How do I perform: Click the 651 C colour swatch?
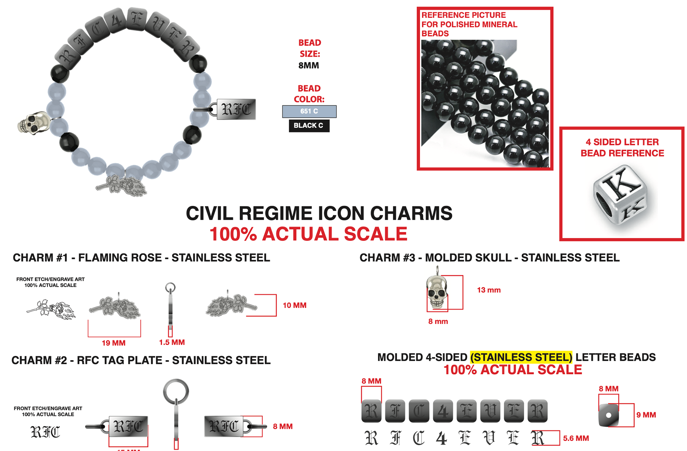[309, 111]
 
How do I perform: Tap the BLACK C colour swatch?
[309, 126]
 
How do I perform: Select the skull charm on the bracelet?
[33, 123]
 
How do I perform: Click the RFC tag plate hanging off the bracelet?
[236, 109]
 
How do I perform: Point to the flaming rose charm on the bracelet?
[122, 186]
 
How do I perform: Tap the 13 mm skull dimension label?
[488, 290]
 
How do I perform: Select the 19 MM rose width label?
[113, 343]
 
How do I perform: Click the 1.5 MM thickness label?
[172, 342]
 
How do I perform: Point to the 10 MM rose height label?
[294, 305]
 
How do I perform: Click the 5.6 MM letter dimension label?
[576, 438]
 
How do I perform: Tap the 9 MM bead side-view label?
[646, 415]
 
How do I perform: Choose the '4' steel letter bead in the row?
[443, 411]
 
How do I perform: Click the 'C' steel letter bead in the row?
[419, 411]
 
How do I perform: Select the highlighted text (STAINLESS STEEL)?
[521, 357]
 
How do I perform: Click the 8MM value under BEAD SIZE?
[308, 66]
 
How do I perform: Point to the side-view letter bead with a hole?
[608, 415]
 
